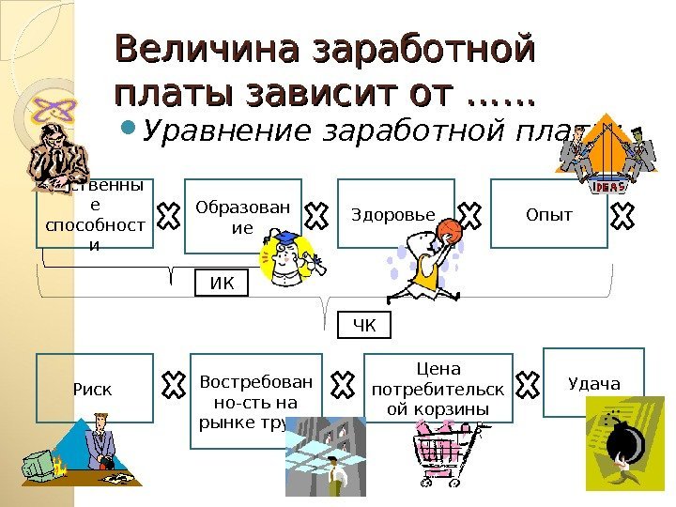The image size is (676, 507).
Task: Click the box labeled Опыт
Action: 549,214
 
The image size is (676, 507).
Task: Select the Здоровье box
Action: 393,214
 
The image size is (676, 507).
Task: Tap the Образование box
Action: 241,216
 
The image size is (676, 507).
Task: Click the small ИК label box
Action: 222,283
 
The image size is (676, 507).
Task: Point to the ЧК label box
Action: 363,326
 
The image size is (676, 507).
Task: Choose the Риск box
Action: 94,387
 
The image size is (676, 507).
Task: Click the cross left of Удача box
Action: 528,383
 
